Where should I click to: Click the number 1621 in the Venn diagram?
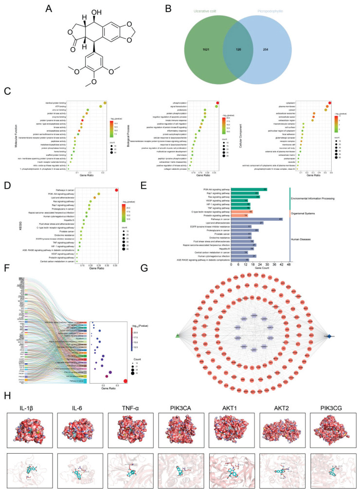(206, 50)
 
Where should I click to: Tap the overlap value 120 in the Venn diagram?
(238, 50)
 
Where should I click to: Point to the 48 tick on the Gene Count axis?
(289, 265)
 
